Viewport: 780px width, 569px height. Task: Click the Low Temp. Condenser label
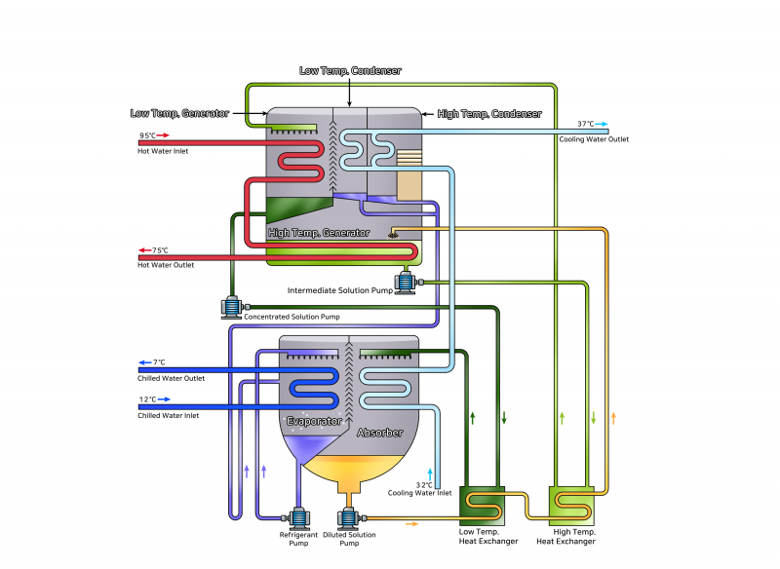349,71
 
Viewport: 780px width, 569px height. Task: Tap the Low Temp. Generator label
179,113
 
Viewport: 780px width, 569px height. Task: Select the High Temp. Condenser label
489,114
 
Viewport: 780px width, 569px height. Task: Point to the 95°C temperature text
147,136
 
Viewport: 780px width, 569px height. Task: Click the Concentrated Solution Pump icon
232,308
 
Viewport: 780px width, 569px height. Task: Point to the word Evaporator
314,421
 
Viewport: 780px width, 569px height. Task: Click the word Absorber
379,432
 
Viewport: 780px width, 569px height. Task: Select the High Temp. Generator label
319,233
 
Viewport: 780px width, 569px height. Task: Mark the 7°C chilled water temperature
159,362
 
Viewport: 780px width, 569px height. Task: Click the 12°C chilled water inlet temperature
147,399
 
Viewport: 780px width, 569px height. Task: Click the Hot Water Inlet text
164,151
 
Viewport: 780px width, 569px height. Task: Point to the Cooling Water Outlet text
594,139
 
